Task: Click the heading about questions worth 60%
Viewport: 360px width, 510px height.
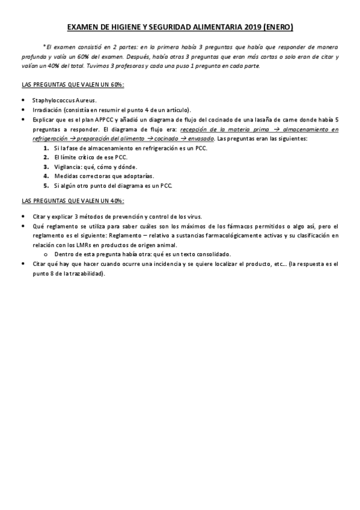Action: (x=73, y=84)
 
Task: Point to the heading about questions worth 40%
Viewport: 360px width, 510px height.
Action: (x=73, y=200)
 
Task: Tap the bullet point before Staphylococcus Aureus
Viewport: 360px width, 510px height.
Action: (x=23, y=100)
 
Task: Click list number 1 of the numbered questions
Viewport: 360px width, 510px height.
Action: (x=46, y=148)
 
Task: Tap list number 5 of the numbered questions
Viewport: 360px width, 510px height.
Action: (x=46, y=186)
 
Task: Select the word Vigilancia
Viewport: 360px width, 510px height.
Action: (x=68, y=167)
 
